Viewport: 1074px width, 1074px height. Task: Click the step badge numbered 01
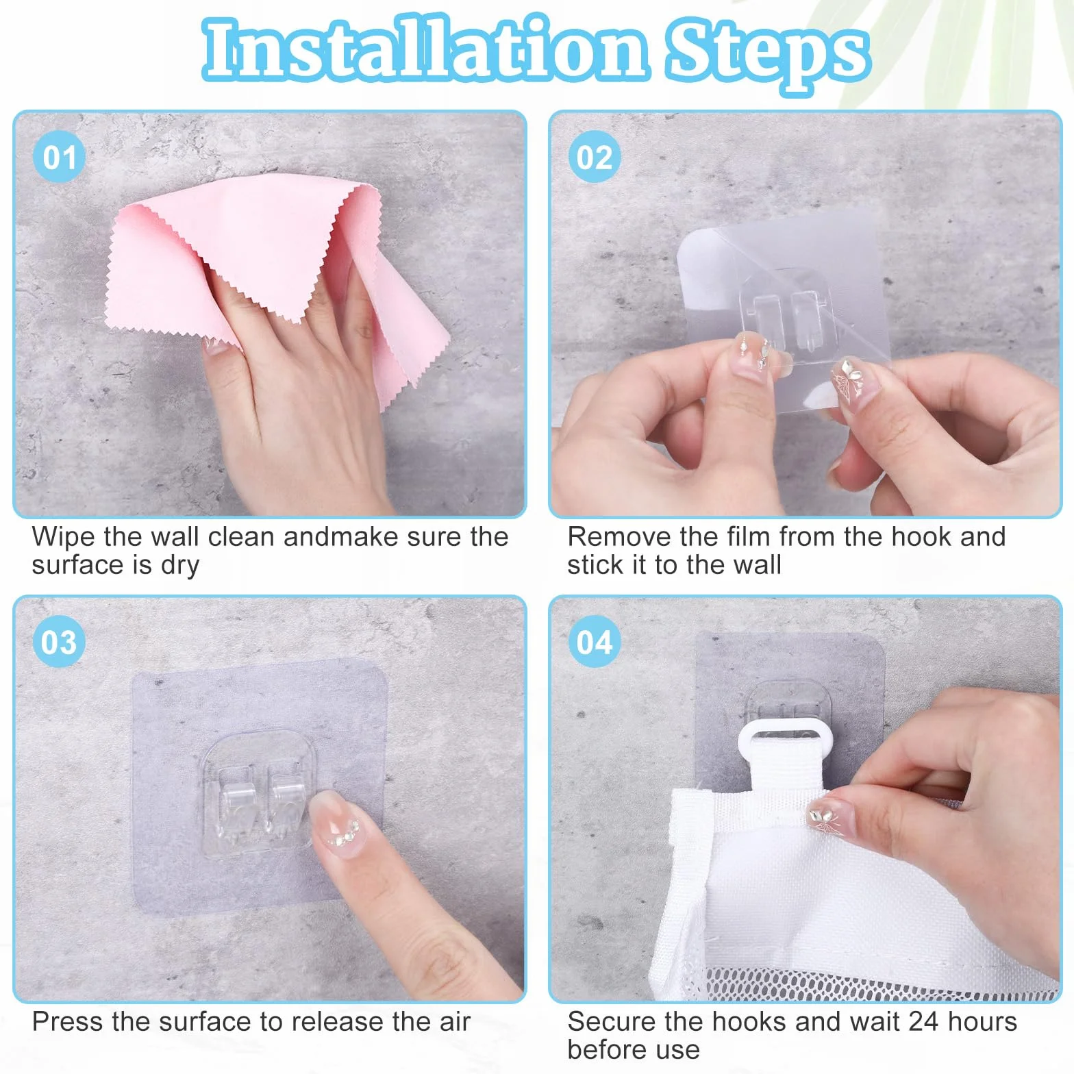click(x=59, y=157)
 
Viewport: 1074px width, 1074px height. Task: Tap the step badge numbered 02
click(x=595, y=157)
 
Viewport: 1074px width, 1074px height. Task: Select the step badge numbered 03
click(x=59, y=642)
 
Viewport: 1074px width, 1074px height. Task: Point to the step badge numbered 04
click(x=595, y=642)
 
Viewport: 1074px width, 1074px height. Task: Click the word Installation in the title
click(x=425, y=48)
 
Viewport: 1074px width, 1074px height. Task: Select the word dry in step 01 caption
click(x=179, y=566)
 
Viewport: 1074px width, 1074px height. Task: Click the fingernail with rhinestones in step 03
click(x=337, y=823)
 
